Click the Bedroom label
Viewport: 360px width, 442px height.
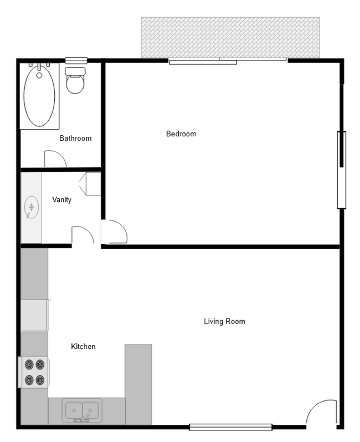tap(181, 133)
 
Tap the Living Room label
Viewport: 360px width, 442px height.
tap(224, 321)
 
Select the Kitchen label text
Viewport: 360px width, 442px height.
tap(83, 347)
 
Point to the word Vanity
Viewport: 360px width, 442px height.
tap(61, 200)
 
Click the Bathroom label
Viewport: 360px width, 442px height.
tap(75, 138)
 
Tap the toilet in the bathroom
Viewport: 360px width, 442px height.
tap(75, 81)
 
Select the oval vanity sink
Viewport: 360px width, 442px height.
tap(32, 207)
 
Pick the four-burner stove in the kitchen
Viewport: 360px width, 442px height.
tap(35, 372)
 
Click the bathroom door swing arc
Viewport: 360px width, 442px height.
tap(56, 159)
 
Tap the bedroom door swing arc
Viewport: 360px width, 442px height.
tap(116, 232)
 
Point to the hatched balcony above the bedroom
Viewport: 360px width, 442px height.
tap(230, 37)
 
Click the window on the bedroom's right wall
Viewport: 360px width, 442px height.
tap(342, 169)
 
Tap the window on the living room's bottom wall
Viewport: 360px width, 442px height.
tap(230, 427)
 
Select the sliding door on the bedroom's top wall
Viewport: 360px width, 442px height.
tap(228, 60)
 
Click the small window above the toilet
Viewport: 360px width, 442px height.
tap(76, 60)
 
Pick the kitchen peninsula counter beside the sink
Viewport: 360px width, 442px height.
tap(138, 382)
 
